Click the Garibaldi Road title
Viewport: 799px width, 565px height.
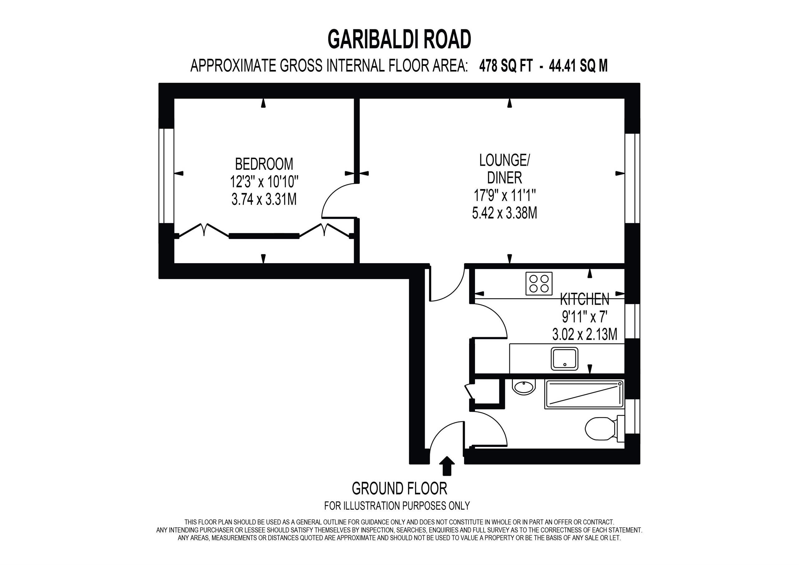[x=399, y=39]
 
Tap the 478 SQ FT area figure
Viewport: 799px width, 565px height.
[x=506, y=66]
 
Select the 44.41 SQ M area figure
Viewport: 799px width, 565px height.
[x=578, y=66]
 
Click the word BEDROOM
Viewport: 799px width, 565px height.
[x=264, y=164]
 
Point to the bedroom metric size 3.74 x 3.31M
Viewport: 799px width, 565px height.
[x=264, y=199]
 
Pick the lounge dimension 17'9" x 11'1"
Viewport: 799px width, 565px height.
[x=504, y=195]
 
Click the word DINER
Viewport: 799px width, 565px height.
[x=504, y=178]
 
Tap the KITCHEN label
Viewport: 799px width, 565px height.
[x=585, y=299]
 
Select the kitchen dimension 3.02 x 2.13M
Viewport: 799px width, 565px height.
[x=585, y=335]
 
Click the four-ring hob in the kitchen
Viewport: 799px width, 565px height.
[x=539, y=283]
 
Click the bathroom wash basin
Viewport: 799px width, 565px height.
[x=523, y=387]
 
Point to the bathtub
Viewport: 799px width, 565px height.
[x=584, y=395]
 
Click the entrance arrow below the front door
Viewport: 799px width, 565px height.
[x=447, y=466]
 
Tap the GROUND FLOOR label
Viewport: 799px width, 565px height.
[x=399, y=489]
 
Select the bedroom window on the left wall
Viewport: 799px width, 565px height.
[x=166, y=176]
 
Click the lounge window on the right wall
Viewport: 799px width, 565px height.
[x=632, y=178]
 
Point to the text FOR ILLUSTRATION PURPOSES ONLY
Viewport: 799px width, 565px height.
[x=397, y=505]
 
